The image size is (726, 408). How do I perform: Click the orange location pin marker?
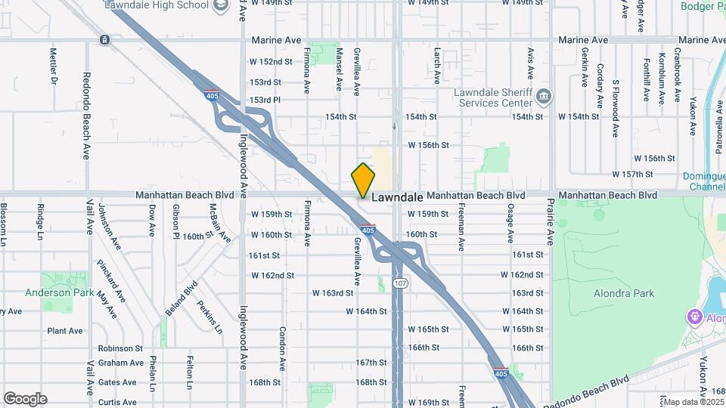pos(364,181)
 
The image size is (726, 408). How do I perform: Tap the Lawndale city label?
pos(396,196)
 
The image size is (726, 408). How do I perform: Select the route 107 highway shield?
pos(399,283)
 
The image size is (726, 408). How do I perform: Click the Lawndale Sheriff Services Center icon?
pos(544,96)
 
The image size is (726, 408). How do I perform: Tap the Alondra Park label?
pos(624,293)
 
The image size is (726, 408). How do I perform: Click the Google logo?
pos(25,398)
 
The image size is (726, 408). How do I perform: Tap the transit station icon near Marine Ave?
pos(104,39)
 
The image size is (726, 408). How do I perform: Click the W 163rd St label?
pos(334,292)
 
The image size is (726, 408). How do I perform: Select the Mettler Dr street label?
pos(53,66)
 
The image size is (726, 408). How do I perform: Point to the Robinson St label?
pos(120,348)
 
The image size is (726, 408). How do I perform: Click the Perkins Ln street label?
pos(209,317)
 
